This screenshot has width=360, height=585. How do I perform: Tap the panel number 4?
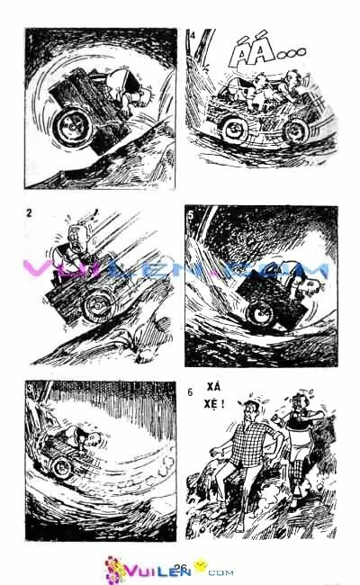click(x=193, y=36)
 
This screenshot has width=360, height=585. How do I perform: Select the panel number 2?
click(x=31, y=213)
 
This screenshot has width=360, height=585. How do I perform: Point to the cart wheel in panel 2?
click(x=94, y=309)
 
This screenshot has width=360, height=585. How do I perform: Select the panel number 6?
click(x=191, y=392)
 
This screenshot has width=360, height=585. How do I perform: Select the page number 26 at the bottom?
click(x=180, y=566)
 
